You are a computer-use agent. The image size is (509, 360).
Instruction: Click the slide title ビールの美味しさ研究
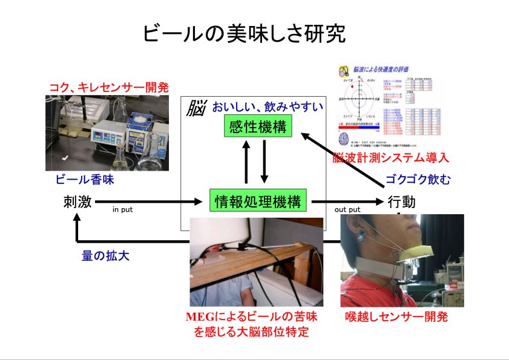point(245,34)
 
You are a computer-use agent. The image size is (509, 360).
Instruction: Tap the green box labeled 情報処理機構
point(257,201)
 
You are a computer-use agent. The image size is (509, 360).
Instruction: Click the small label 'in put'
point(122,210)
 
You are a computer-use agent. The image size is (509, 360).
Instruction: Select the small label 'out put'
point(347,210)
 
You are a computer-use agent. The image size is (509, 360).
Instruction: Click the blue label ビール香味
point(85,180)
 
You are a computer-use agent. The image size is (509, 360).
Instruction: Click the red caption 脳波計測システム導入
point(391,159)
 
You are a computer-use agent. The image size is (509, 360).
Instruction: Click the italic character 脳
point(196,109)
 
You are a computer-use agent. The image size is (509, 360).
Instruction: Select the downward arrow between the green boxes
point(264,162)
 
